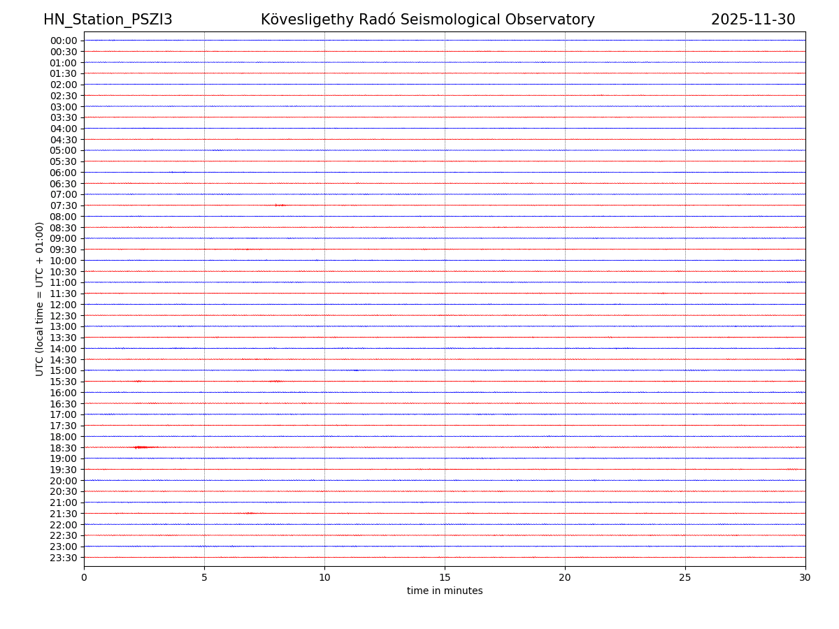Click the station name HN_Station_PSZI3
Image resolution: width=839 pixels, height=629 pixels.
coord(108,20)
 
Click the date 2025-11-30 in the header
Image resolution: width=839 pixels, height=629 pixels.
coord(753,20)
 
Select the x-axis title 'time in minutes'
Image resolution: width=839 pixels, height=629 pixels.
coord(445,591)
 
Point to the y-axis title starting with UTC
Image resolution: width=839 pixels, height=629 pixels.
coord(40,299)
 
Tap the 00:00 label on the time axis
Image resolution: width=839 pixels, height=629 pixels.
coord(64,41)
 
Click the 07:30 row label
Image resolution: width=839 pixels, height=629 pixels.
coord(64,205)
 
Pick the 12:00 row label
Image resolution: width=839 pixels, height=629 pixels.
coord(64,305)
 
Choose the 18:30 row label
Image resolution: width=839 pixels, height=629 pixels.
coord(64,447)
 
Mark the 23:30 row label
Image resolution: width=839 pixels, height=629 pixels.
coord(64,558)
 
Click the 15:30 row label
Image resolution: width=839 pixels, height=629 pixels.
coord(64,382)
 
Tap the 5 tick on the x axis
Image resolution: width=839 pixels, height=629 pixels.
coord(204,578)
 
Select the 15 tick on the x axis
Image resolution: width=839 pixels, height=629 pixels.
coord(445,578)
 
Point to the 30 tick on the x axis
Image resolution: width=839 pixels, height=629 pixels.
coord(805,578)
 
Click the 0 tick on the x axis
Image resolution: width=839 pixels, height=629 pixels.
coord(84,578)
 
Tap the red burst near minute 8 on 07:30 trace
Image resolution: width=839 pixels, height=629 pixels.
coord(280,205)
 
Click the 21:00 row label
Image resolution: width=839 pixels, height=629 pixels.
coord(64,503)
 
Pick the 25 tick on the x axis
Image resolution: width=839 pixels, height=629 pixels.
coord(685,578)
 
